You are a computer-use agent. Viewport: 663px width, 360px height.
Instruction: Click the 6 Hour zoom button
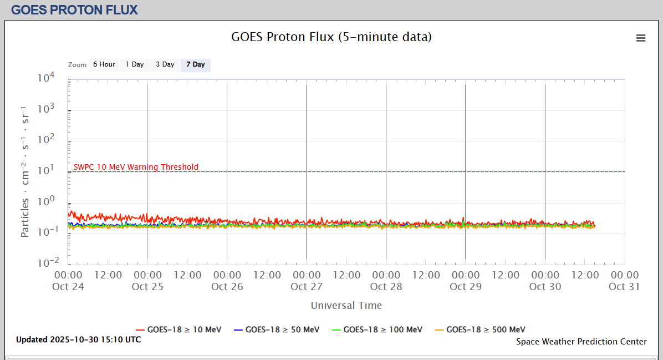104,64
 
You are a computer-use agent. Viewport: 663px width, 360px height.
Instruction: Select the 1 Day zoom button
134,64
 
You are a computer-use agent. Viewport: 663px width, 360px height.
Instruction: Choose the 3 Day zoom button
165,64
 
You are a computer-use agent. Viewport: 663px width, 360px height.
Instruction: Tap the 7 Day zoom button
195,64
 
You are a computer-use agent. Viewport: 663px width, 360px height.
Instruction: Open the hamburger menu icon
641,38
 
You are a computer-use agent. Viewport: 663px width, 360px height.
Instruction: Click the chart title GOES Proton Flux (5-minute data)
331,37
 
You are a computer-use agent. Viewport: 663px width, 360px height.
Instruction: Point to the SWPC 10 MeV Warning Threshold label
136,167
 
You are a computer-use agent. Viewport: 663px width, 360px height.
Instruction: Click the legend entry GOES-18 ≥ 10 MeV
185,329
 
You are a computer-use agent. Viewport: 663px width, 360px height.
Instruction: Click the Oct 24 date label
68,287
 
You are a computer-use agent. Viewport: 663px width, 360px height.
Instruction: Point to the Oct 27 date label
307,287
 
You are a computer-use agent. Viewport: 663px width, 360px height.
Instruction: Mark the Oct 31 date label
624,287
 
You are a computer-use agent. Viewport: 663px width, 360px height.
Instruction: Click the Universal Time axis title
346,306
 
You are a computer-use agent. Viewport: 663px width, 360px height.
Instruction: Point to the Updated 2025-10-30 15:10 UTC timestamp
78,339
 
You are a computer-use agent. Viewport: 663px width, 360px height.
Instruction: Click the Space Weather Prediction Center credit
581,342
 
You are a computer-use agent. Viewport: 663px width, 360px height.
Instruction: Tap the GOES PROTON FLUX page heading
74,9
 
